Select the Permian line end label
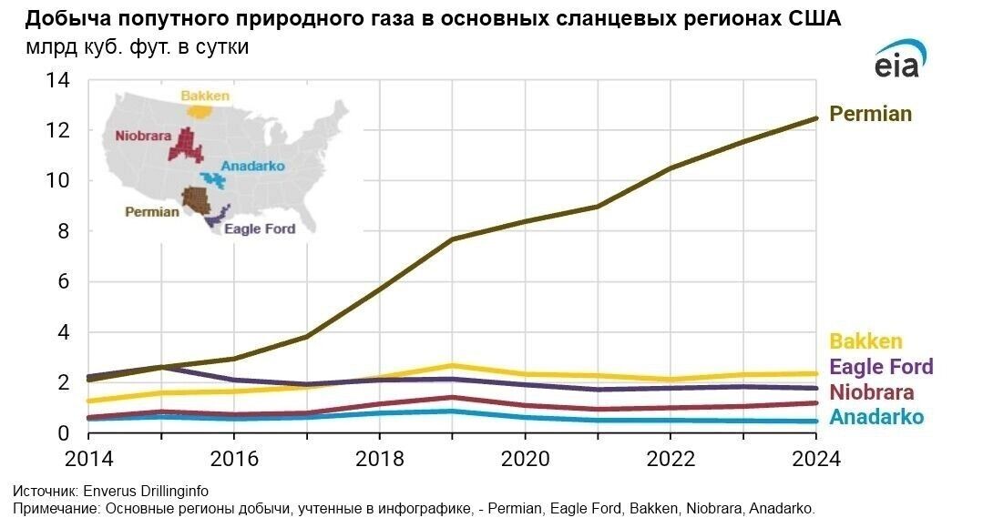(x=870, y=115)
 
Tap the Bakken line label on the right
(x=865, y=342)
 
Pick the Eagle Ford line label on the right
(x=881, y=367)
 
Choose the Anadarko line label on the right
(x=876, y=418)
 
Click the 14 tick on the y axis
(x=57, y=80)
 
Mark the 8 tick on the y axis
(x=62, y=231)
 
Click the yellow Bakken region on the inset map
(x=200, y=111)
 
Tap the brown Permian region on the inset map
(x=196, y=198)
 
